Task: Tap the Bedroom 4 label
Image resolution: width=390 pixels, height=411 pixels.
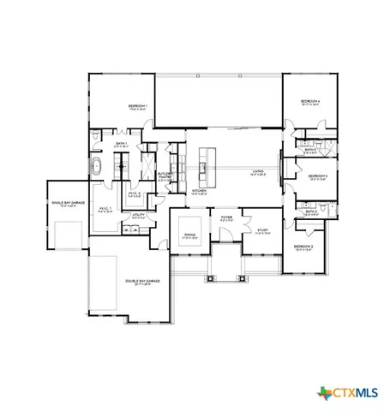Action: pyautogui.click(x=309, y=103)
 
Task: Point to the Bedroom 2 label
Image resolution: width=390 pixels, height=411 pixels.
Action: pyautogui.click(x=303, y=248)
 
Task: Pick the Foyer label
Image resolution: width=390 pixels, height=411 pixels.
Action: pyautogui.click(x=226, y=218)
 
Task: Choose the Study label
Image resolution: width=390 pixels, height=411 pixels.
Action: pyautogui.click(x=264, y=229)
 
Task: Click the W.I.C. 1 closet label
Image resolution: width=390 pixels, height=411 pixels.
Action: pyautogui.click(x=107, y=209)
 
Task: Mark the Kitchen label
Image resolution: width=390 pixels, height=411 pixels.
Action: pyautogui.click(x=199, y=192)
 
